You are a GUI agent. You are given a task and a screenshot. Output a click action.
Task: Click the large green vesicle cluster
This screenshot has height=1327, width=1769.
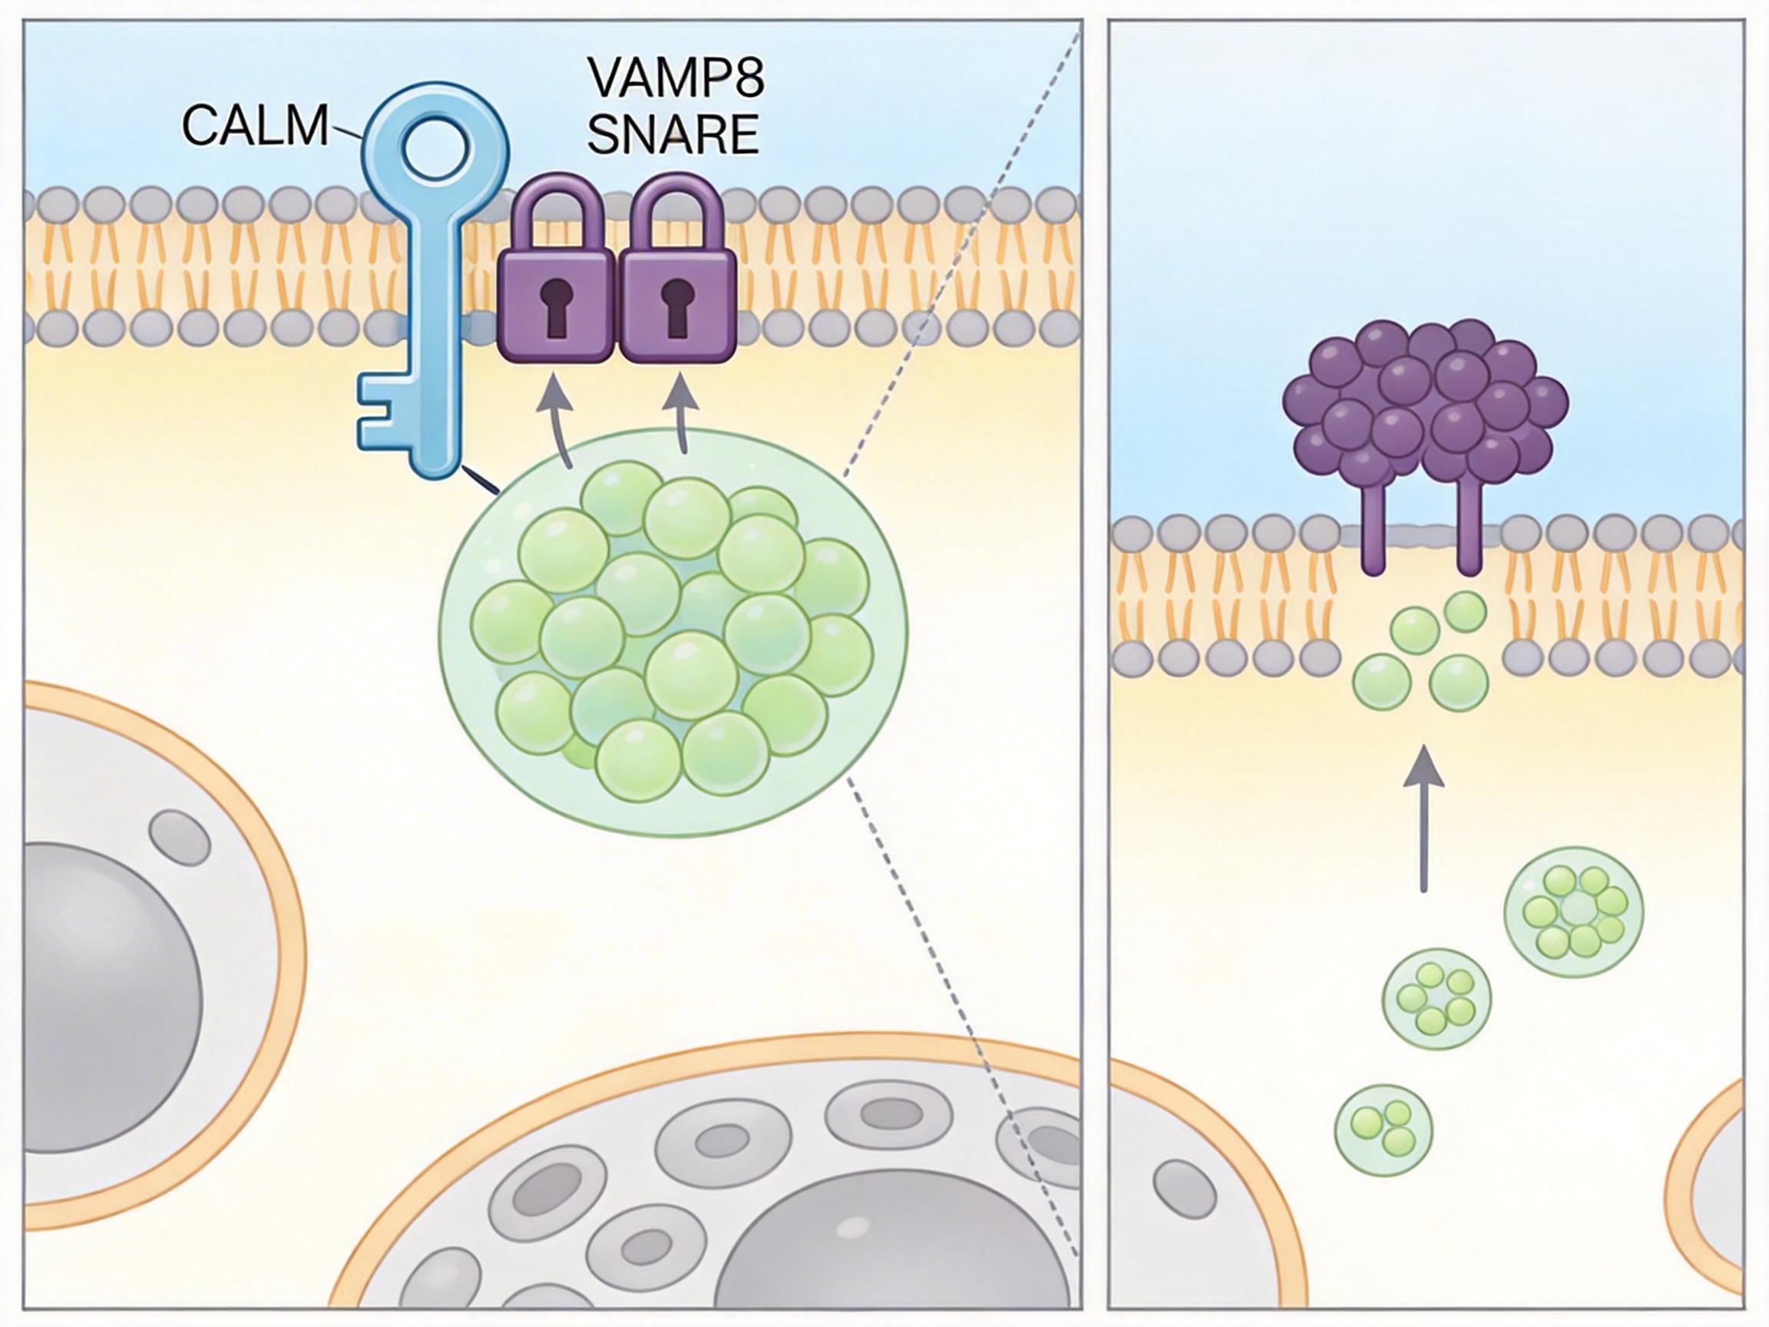(x=673, y=632)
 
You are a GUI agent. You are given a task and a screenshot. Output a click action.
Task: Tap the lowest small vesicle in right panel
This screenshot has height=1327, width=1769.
(x=1384, y=1130)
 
